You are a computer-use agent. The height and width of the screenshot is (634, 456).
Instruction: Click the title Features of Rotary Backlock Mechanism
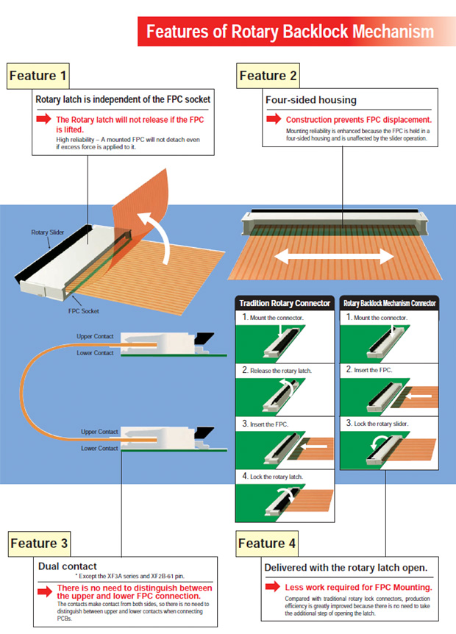(x=290, y=32)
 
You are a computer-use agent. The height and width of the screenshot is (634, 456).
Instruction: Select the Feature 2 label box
(x=268, y=75)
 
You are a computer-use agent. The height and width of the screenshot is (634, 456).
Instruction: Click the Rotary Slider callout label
(x=47, y=232)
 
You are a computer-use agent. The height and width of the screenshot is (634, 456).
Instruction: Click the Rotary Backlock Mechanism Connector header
(x=390, y=302)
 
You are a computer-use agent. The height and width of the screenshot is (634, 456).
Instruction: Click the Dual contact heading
(x=68, y=567)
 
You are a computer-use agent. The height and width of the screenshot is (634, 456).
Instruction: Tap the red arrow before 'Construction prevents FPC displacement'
(x=274, y=119)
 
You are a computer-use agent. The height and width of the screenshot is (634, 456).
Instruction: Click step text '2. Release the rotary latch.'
(x=277, y=370)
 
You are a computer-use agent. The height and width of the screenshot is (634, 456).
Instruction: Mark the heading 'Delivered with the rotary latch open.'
(x=345, y=568)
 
